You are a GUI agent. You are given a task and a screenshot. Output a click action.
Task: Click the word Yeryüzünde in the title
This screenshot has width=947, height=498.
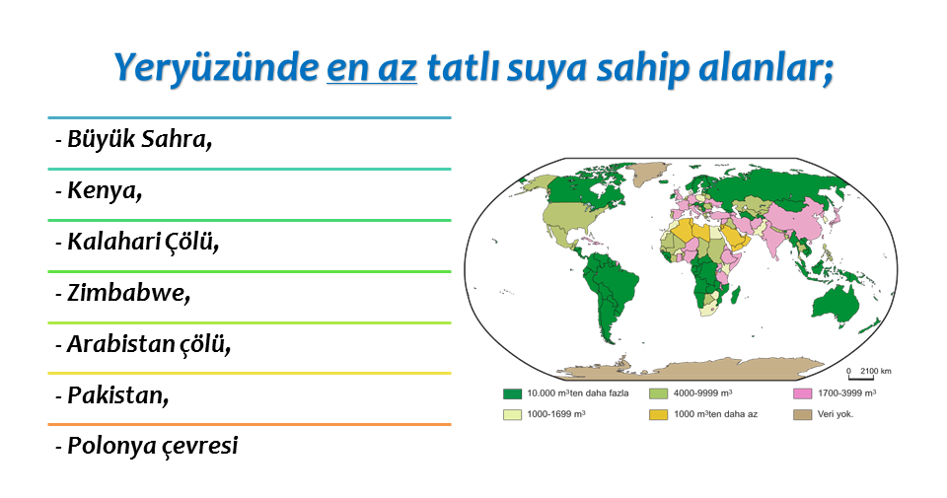[216, 68]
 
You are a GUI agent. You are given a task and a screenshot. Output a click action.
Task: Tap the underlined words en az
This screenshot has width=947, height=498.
[372, 68]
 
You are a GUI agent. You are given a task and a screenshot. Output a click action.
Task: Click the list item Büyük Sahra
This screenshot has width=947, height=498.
[133, 139]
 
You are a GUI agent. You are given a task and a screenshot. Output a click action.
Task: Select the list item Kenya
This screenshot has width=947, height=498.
[99, 190]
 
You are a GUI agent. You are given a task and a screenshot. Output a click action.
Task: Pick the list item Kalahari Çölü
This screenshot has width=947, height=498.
[137, 242]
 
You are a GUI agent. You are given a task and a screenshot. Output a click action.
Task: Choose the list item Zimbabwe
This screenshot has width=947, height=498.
[122, 293]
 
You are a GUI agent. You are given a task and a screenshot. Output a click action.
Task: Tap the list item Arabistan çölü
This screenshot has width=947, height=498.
[142, 344]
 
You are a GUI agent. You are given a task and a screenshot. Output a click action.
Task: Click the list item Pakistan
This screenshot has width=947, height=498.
[111, 395]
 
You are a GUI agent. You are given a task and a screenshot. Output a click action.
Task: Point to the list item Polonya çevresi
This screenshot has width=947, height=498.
[147, 446]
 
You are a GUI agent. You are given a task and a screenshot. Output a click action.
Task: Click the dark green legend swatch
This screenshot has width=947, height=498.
[512, 393]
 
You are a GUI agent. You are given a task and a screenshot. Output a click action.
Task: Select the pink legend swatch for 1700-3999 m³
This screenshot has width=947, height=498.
[802, 393]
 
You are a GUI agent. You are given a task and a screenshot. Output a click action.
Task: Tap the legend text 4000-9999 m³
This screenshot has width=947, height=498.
[703, 392]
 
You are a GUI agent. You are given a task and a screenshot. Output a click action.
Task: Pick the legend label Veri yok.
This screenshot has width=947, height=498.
[836, 414]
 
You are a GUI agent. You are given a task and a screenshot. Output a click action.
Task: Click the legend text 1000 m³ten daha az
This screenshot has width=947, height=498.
[716, 414]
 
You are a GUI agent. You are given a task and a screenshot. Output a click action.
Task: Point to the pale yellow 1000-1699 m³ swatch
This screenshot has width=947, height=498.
[512, 415]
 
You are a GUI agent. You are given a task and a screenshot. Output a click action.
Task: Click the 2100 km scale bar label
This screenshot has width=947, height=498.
[875, 371]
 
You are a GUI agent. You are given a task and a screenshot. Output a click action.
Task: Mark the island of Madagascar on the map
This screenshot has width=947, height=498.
[735, 295]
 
